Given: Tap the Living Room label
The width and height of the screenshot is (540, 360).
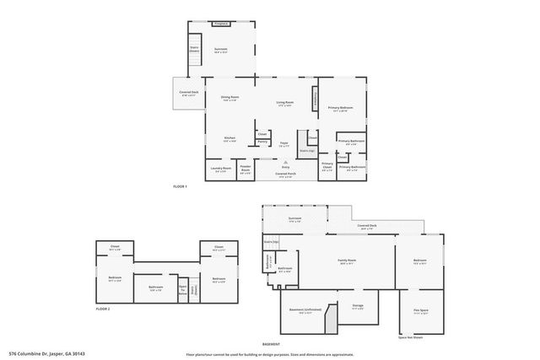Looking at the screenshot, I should click(x=283, y=104).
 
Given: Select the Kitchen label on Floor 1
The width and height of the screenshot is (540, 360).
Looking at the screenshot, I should click(x=229, y=139).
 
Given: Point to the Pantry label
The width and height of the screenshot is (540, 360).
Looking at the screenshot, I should click(x=262, y=142).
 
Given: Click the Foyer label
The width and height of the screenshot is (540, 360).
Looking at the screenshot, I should click(x=284, y=144).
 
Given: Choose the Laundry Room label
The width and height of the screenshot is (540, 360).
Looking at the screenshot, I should click(x=220, y=169).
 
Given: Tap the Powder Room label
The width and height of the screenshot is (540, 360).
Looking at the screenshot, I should click(x=246, y=169).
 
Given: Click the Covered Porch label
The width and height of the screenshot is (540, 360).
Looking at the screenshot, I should click(x=285, y=175).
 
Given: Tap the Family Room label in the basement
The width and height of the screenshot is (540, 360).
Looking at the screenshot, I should click(x=347, y=261).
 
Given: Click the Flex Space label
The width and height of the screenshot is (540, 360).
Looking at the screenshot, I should click(x=418, y=312).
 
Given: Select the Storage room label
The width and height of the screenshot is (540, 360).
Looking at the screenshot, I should click(x=358, y=306).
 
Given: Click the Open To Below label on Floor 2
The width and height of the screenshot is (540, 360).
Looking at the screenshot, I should click(x=182, y=288).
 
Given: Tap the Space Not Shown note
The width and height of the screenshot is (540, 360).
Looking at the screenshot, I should click(x=411, y=338).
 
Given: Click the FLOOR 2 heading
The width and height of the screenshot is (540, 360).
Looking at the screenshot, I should click(x=104, y=310).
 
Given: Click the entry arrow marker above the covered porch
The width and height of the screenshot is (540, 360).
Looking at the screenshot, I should click(x=285, y=166).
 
